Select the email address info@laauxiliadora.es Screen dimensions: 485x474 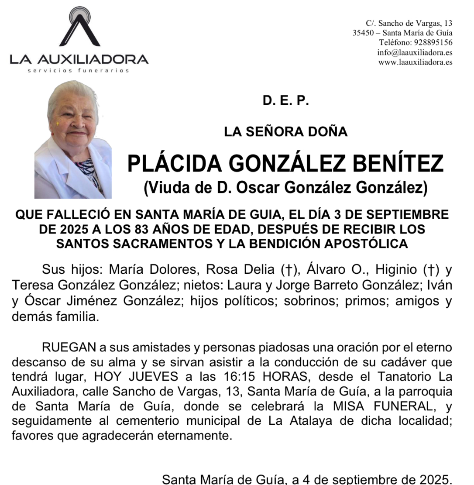point(415,52)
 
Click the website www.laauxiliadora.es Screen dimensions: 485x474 point(415,62)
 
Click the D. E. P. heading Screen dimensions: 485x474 point(285,101)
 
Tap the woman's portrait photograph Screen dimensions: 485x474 point(73,140)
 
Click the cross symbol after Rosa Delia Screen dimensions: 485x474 point(287,270)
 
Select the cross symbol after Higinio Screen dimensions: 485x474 point(431,270)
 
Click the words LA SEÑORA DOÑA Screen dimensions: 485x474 point(285,131)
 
